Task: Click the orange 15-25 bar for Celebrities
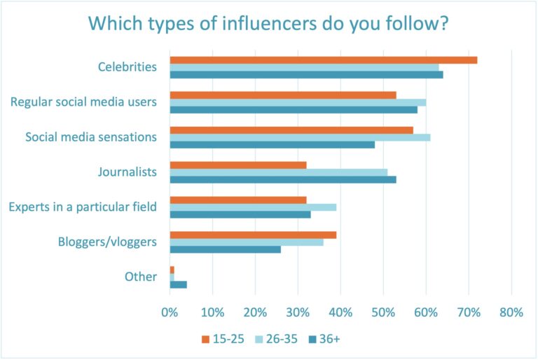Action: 323,60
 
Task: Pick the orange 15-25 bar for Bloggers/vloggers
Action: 253,235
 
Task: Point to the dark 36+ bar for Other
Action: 178,284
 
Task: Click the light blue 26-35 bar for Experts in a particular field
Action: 253,207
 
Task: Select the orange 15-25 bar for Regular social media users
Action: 282,95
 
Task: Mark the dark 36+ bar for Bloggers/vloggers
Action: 225,249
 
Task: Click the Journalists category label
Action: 130,172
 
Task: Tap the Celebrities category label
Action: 127,67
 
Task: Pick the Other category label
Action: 140,277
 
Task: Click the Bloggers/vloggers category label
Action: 106,242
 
